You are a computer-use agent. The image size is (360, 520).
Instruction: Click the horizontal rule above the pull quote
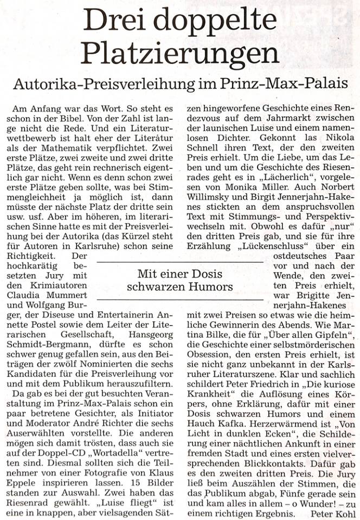[179, 262]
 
